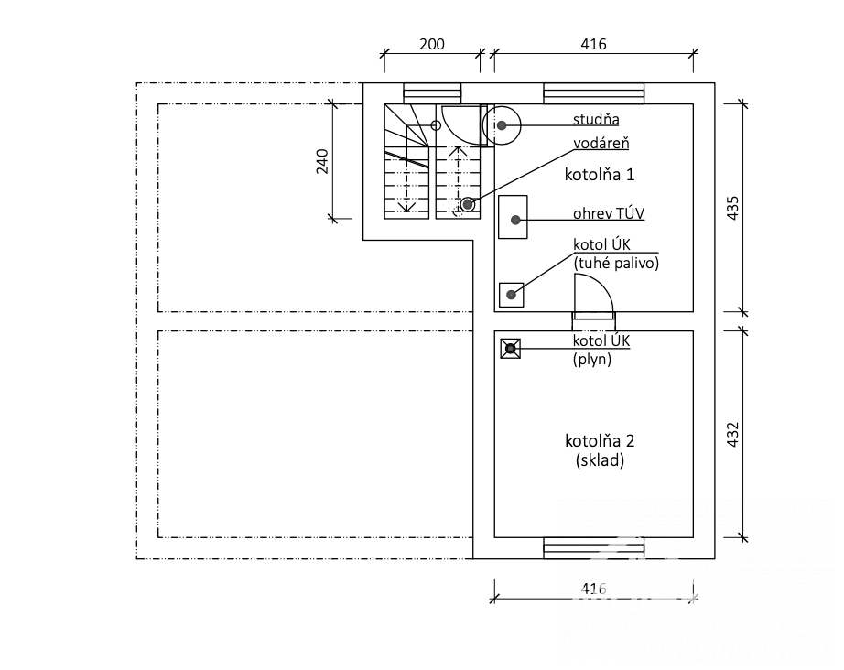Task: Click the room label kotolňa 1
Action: (x=599, y=174)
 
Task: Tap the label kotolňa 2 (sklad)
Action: (x=600, y=450)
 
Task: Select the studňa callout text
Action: (x=596, y=119)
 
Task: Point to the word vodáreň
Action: (x=601, y=143)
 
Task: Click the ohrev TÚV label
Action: (x=608, y=213)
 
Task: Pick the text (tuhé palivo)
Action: (x=616, y=264)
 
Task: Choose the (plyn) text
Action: (x=592, y=359)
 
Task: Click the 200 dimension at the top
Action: (x=432, y=44)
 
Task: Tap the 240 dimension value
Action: (x=322, y=161)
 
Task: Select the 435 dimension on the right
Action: (x=732, y=208)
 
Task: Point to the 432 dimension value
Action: (x=732, y=434)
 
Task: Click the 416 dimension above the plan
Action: (x=593, y=44)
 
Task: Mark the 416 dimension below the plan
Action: (x=593, y=589)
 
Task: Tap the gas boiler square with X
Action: (x=510, y=349)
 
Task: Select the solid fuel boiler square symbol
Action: (x=512, y=295)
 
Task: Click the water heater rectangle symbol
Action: (x=513, y=217)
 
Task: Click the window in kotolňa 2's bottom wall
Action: (x=594, y=548)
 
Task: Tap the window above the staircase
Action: (x=432, y=93)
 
